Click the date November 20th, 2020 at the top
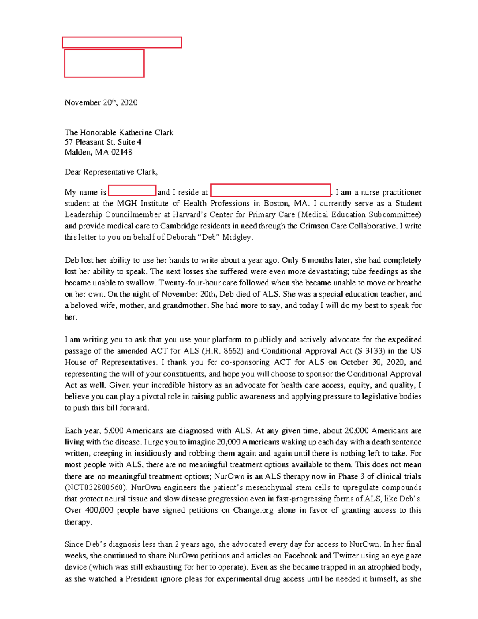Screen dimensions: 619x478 pos(101,103)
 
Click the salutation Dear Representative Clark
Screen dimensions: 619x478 pos(111,172)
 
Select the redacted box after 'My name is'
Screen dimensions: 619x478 pos(132,191)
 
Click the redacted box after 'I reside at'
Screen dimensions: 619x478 pos(270,191)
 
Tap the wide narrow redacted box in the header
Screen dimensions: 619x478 pos(122,43)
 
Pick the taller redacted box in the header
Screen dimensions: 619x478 pos(104,63)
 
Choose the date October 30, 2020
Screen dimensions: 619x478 pos(372,362)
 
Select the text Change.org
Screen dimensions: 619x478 pos(253,510)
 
